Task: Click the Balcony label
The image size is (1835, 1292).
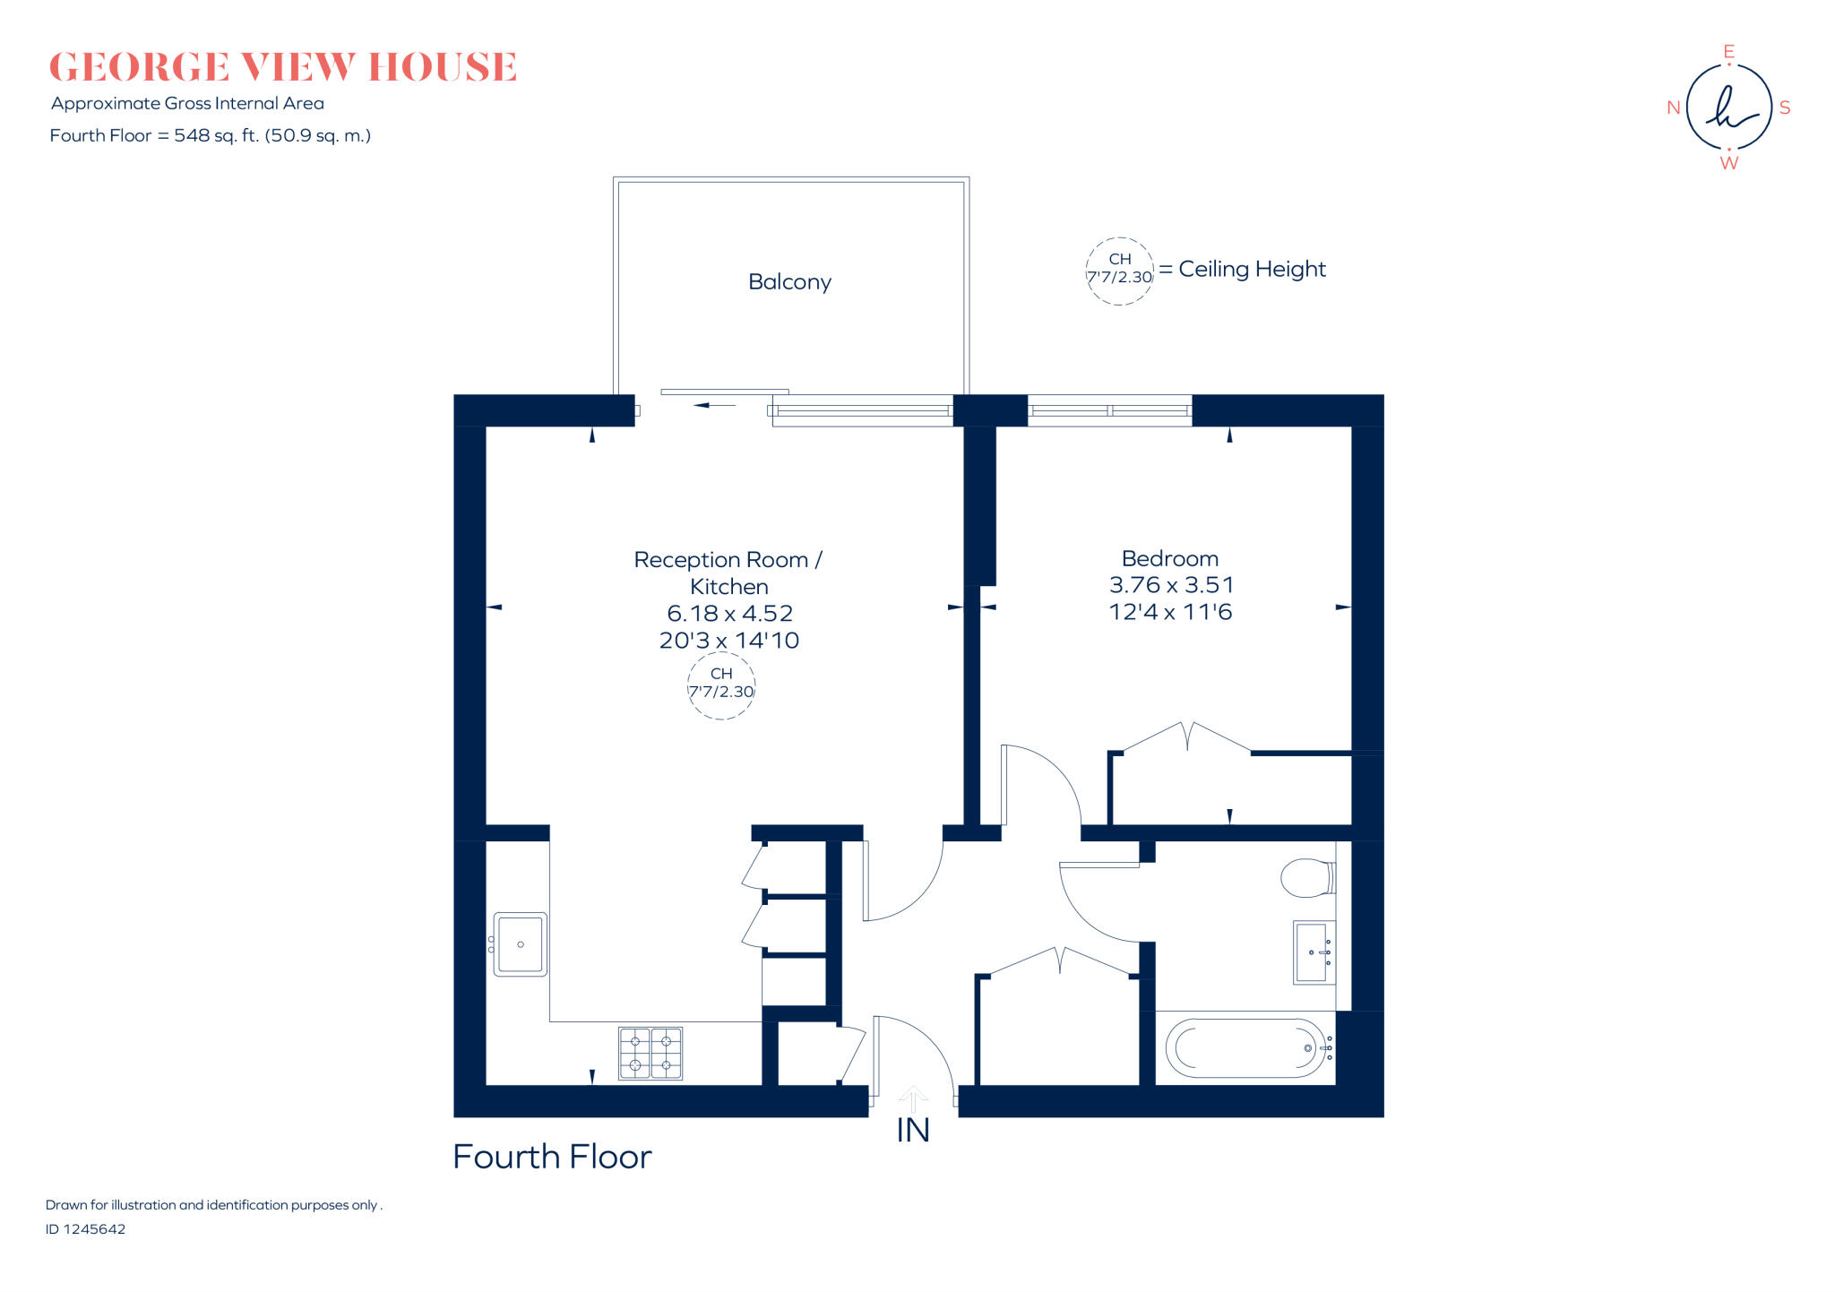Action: click(x=789, y=282)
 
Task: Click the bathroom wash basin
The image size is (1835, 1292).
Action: click(x=1313, y=952)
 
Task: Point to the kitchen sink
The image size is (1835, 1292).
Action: click(x=520, y=944)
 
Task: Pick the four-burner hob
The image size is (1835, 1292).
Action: click(x=650, y=1054)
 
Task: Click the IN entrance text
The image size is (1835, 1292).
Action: click(x=913, y=1131)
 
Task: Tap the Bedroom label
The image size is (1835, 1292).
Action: click(x=1169, y=559)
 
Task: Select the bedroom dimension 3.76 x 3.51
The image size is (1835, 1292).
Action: click(x=1171, y=585)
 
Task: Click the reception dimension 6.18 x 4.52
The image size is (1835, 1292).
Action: click(x=729, y=614)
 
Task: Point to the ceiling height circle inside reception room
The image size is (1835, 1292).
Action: click(x=721, y=685)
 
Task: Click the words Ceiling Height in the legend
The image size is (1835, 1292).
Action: click(x=1252, y=270)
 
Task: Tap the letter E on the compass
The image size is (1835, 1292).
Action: click(x=1728, y=52)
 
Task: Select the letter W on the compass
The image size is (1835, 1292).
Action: click(x=1728, y=163)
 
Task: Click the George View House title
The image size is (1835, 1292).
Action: click(x=283, y=67)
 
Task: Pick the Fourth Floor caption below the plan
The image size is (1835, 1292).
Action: click(x=552, y=1157)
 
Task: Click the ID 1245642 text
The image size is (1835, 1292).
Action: click(x=86, y=1229)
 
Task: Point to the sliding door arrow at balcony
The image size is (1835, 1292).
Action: click(x=714, y=405)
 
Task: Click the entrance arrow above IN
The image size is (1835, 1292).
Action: click(x=913, y=1097)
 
